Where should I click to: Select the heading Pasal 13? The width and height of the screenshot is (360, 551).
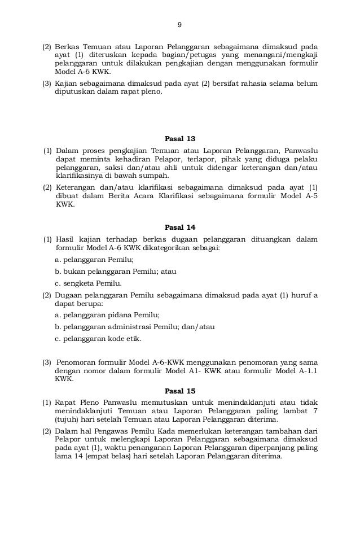coord(179,139)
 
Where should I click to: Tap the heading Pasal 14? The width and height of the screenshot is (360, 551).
coord(179,228)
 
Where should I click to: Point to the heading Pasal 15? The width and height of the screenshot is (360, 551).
coord(179,390)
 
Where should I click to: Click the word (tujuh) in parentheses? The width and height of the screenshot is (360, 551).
coord(67,420)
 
